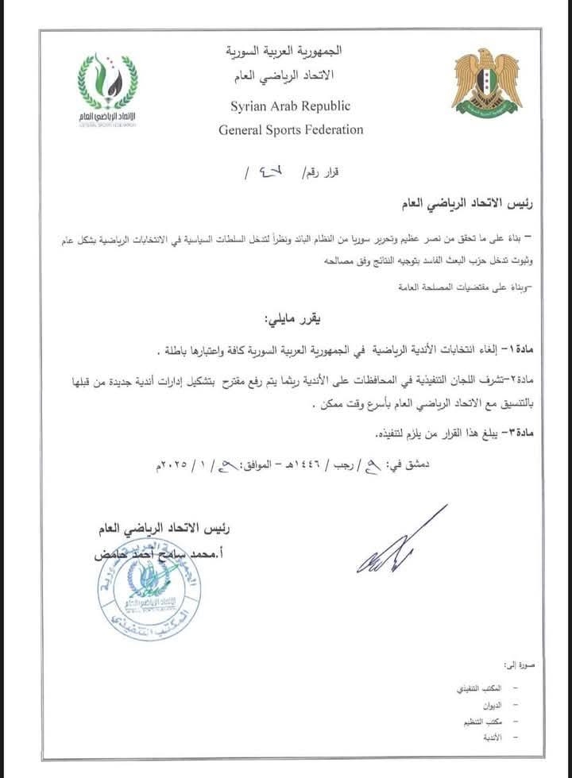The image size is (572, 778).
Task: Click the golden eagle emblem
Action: [x=486, y=83]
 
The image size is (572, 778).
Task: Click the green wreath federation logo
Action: [x=107, y=89]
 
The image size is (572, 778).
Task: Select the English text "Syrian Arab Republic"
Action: [x=290, y=106]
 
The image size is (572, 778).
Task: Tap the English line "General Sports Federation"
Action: [x=291, y=129]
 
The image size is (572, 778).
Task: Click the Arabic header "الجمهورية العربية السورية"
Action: [x=292, y=52]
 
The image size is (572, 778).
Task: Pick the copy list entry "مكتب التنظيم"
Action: [x=484, y=723]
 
